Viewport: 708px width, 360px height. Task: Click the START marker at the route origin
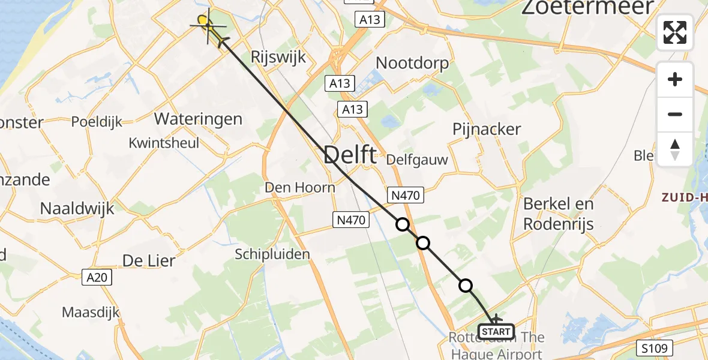[x=496, y=331]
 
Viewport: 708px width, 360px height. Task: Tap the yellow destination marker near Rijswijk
[x=203, y=22]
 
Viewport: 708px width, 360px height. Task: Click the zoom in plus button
[x=675, y=79]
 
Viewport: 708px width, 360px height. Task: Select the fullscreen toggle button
[x=675, y=32]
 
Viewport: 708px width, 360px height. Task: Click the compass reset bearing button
[x=675, y=149]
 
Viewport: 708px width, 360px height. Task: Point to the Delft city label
[x=350, y=155]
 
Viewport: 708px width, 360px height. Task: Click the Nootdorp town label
[x=412, y=63]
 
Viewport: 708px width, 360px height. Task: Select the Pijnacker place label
[x=487, y=129]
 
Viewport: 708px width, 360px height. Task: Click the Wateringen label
[x=198, y=119]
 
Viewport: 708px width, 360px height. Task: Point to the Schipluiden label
[x=272, y=254]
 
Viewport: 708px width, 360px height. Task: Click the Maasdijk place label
[x=91, y=313]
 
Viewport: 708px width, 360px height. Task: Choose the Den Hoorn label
[x=300, y=188]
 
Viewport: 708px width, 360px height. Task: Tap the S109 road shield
[x=655, y=347]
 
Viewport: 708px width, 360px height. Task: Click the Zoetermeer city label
[x=587, y=8]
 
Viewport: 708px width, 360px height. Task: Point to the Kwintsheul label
[x=164, y=143]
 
